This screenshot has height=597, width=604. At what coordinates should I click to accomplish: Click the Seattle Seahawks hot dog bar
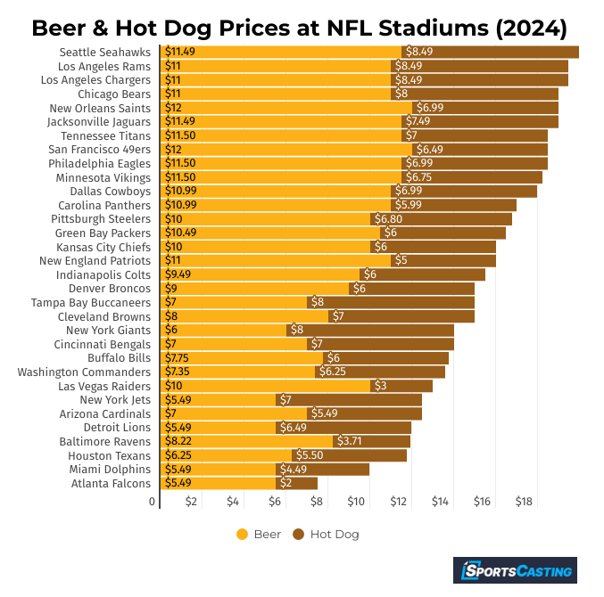[x=490, y=52]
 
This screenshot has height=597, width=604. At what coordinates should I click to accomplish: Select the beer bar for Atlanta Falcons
[x=219, y=483]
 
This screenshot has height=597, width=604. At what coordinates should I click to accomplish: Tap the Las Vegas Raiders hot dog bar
[x=401, y=386]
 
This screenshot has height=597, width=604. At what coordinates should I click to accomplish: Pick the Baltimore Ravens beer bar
[x=247, y=441]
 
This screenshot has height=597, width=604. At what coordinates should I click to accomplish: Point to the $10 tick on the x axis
[x=357, y=502]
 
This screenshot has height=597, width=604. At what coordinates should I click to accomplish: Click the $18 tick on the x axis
[x=524, y=502]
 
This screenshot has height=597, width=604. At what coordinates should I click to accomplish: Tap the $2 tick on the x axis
[x=191, y=502]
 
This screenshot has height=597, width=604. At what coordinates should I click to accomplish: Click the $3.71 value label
[x=349, y=441]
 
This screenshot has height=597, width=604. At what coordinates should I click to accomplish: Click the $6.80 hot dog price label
[x=387, y=218]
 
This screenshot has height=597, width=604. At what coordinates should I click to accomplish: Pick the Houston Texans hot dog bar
[x=349, y=455]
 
